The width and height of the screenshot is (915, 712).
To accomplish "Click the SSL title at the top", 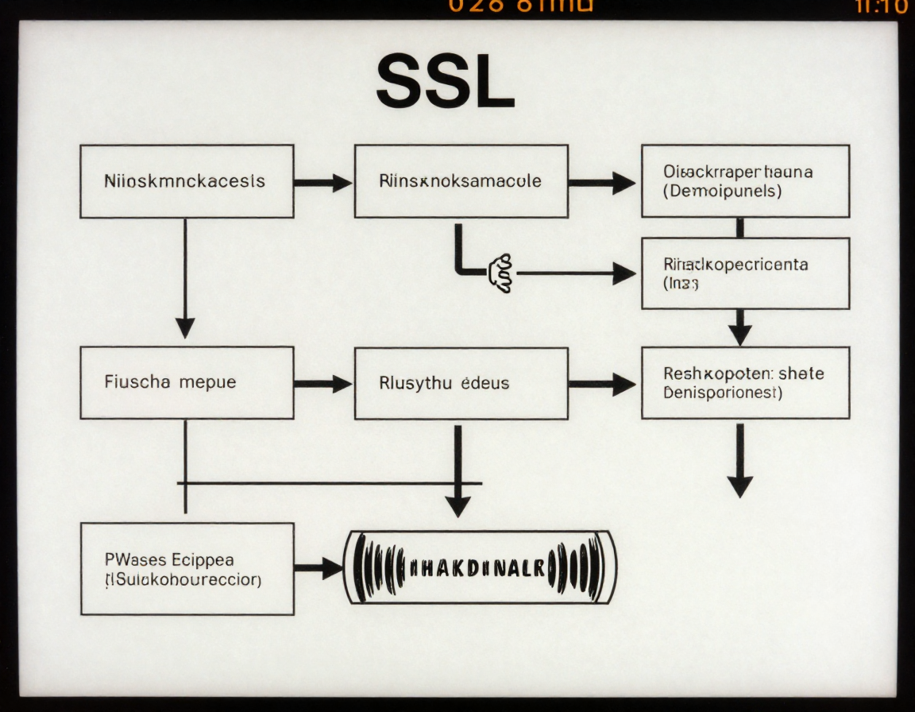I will coord(446,83).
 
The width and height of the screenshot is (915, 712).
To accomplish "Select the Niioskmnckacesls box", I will coord(187,181).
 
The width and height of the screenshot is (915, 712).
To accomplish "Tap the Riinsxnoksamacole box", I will coord(461,181).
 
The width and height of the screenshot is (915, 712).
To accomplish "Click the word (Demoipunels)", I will coord(722,192).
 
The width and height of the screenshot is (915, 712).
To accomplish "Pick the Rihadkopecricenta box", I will coord(745,273).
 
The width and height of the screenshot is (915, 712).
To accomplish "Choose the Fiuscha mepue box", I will coord(187,382).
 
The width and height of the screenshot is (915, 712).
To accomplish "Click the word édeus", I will coord(485,383).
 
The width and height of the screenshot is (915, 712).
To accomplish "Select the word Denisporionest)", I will coord(723,393).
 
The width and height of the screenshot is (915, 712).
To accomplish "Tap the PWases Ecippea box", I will coord(187,569).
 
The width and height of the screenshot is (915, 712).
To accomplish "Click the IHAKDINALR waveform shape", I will coord(480,567).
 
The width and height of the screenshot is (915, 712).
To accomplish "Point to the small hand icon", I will coord(502,273).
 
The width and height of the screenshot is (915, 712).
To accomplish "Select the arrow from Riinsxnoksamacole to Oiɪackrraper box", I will coord(602,183).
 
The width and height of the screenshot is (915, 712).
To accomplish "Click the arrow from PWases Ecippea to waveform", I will coord(319,568).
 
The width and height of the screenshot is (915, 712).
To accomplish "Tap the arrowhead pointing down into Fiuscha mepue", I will coord(185,326).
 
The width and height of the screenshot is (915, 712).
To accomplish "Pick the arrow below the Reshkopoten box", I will coord(739,461).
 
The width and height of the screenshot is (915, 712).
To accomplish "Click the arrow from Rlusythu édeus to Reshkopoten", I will coord(602,385).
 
